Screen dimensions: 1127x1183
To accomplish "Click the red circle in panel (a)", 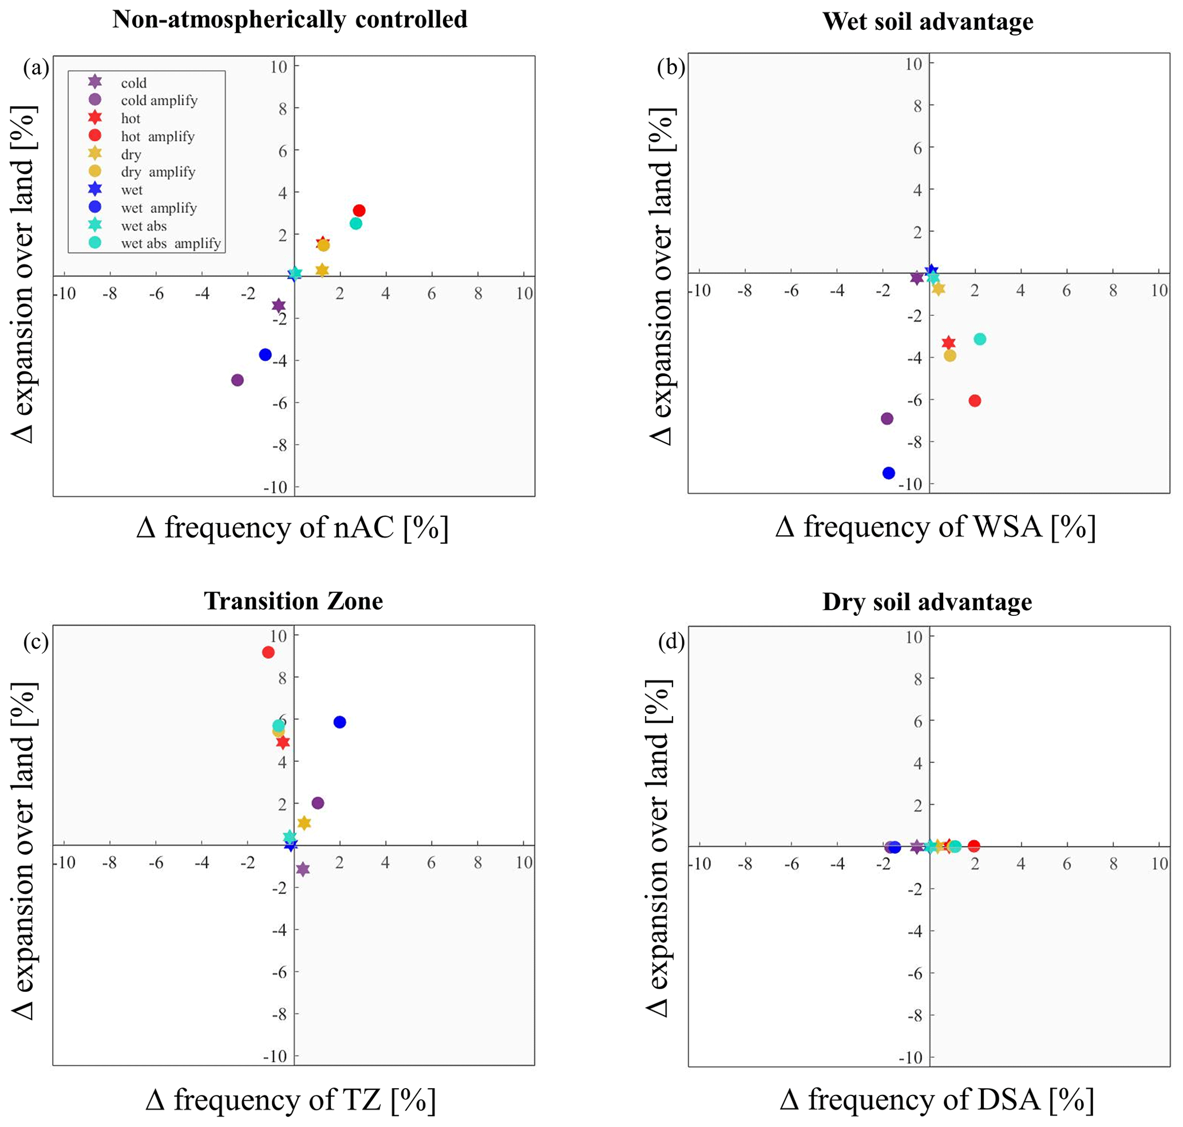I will click(x=359, y=210).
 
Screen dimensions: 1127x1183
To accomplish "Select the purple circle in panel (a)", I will click(x=238, y=379).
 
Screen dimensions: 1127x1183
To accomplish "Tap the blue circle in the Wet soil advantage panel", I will click(x=889, y=473).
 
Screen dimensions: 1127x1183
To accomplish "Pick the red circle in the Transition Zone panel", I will click(x=268, y=652).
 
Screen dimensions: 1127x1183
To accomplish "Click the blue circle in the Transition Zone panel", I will click(x=339, y=722).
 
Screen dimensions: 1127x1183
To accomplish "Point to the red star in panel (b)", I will click(x=948, y=342).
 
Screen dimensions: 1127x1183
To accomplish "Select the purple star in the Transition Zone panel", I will click(x=303, y=869).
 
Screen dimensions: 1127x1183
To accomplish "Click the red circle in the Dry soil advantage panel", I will click(x=974, y=846).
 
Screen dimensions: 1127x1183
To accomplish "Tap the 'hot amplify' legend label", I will click(x=158, y=136).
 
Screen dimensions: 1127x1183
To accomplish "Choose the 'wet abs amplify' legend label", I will click(x=171, y=243).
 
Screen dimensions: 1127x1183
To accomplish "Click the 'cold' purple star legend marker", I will click(x=95, y=82).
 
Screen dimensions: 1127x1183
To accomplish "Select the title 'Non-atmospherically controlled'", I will click(x=290, y=20).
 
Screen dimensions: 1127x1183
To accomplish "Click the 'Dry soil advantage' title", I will click(x=927, y=602).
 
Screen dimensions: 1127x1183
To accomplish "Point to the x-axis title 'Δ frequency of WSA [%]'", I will click(x=935, y=527).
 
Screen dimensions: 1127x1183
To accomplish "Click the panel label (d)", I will click(x=672, y=642).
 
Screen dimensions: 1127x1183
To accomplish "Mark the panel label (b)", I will click(x=671, y=68).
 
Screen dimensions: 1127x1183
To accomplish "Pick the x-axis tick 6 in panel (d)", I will click(x=1066, y=864).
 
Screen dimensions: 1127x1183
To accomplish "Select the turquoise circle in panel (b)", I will click(x=979, y=339).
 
